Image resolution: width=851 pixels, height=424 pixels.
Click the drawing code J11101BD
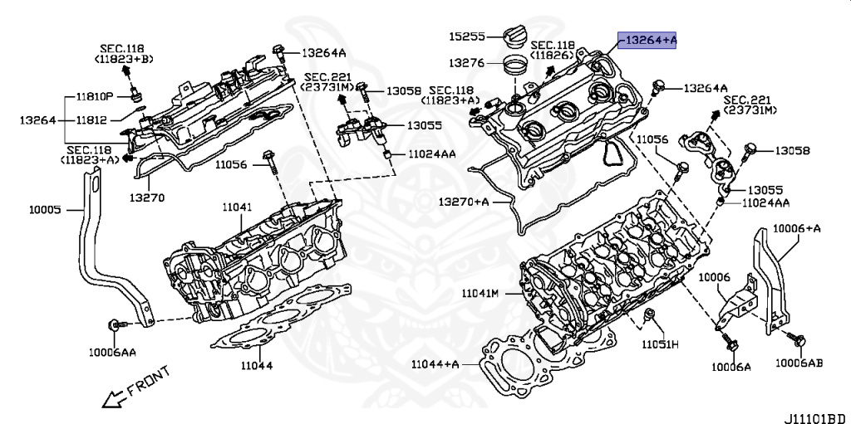coord(814,417)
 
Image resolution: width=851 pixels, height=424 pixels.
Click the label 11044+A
coord(435,363)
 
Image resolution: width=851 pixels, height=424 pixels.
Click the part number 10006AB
coord(799,363)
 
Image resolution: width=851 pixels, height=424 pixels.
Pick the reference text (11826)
coord(553,55)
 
